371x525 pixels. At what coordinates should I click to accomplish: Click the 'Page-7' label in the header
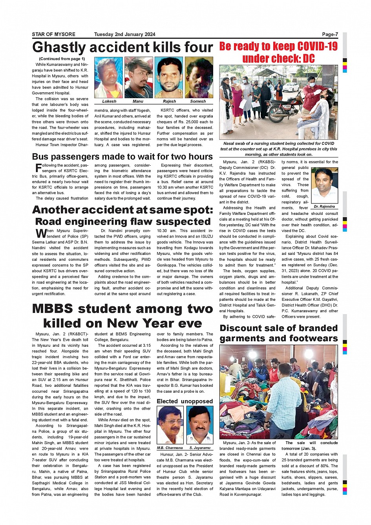330,35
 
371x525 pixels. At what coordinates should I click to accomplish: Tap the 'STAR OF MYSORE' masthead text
53,35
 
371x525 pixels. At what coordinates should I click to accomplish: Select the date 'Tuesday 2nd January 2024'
124,35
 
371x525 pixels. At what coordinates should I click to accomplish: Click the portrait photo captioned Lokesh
109,77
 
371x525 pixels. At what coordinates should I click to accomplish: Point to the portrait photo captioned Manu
138,77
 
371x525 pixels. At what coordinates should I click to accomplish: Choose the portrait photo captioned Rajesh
169,77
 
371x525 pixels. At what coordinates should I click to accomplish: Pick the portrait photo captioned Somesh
199,77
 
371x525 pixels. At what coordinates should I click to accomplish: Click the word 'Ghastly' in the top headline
59,48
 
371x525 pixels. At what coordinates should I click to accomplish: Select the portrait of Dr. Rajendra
324,186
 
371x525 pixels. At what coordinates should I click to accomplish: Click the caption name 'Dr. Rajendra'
324,207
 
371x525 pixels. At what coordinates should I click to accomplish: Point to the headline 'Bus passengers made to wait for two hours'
122,157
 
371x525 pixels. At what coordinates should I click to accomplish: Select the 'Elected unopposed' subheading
185,401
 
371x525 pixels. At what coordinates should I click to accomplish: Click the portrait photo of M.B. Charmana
170,425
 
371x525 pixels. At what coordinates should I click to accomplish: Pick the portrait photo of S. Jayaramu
200,425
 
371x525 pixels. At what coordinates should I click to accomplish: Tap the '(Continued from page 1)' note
62,59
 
